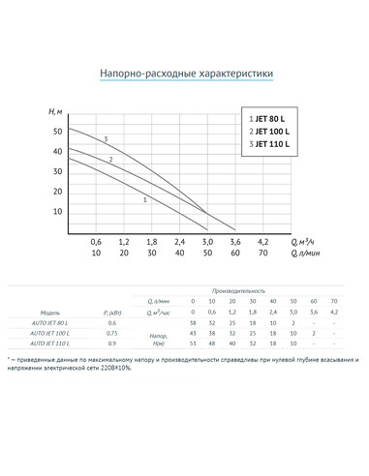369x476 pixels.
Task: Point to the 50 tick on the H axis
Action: pos(57,131)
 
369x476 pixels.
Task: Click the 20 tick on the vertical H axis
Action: pos(57,192)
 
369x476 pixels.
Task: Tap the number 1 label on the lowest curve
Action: pos(144,199)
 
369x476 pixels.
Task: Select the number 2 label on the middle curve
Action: pos(111,160)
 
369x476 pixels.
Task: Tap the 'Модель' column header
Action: pos(49,312)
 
